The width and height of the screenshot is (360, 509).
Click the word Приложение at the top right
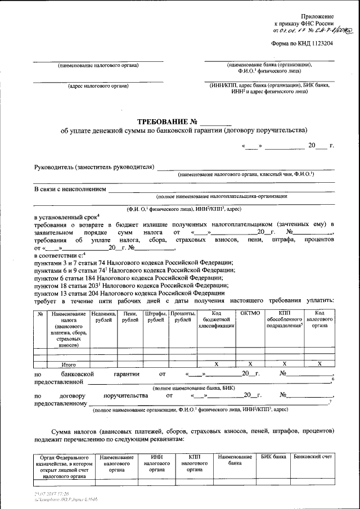coord(318,17)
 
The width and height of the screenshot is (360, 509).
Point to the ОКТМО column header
coord(250,313)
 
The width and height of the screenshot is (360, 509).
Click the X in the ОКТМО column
coord(250,364)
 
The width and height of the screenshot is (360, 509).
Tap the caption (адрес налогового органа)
coord(98,86)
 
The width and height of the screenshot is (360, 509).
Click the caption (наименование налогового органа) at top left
coord(98,65)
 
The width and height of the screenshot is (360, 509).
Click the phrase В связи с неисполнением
coord(70,189)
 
